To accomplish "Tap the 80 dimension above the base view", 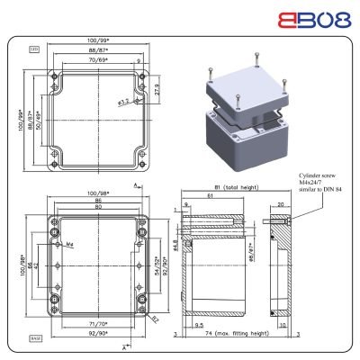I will point(96,209).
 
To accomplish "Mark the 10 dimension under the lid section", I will point(283,325).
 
